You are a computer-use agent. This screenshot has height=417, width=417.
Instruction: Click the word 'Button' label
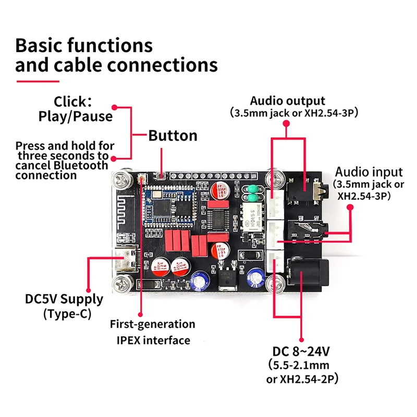click(173, 136)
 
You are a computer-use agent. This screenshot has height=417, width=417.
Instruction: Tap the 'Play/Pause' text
click(76, 116)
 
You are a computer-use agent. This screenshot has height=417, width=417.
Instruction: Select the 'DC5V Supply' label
click(64, 299)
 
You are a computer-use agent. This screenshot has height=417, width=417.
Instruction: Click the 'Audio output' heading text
click(287, 101)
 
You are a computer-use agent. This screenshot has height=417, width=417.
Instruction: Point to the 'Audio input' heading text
click(369, 172)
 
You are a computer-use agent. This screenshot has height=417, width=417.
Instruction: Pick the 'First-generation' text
click(152, 324)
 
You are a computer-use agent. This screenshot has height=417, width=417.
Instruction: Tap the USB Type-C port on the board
click(127, 260)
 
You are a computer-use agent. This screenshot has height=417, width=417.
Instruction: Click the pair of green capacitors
click(253, 192)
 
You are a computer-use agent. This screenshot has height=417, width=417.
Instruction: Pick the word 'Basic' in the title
click(43, 45)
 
